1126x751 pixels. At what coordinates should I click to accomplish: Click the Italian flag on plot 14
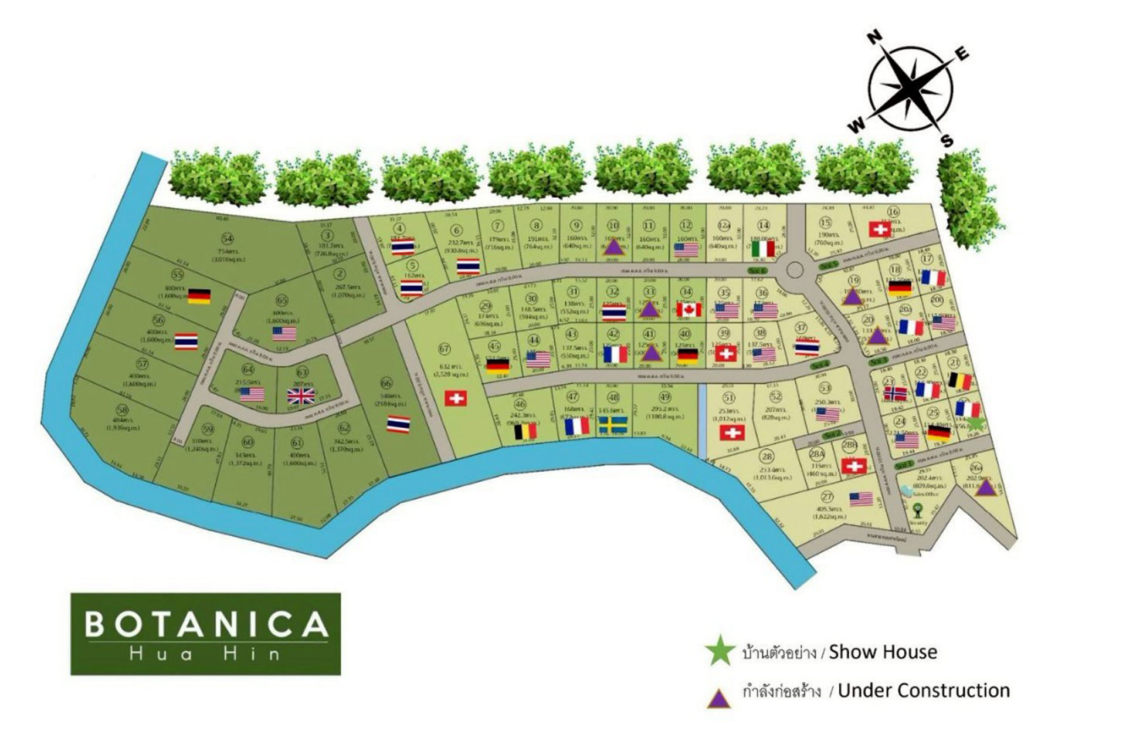[x=763, y=249]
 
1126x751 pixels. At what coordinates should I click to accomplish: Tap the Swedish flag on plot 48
[x=613, y=425]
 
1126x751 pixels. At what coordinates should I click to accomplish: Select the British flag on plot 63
[x=301, y=396]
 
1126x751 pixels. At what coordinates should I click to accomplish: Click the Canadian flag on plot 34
[x=689, y=309]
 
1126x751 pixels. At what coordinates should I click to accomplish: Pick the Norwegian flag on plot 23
[x=895, y=394]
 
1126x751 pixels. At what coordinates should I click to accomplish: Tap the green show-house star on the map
[x=975, y=424]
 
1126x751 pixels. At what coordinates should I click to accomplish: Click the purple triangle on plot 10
[x=613, y=247]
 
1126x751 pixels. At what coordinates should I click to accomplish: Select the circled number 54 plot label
[x=228, y=238]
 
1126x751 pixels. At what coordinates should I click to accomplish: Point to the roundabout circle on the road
[x=794, y=270]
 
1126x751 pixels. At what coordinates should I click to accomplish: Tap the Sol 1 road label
[x=904, y=465]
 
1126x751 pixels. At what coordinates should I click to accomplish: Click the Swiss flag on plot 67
[x=456, y=398]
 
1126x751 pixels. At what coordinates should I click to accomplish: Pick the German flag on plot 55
[x=199, y=296]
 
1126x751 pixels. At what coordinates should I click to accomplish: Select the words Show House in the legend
[x=883, y=652]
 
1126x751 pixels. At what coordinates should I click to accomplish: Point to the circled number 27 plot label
[x=827, y=497]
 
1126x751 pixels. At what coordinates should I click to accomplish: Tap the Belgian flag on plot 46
[x=525, y=432]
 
